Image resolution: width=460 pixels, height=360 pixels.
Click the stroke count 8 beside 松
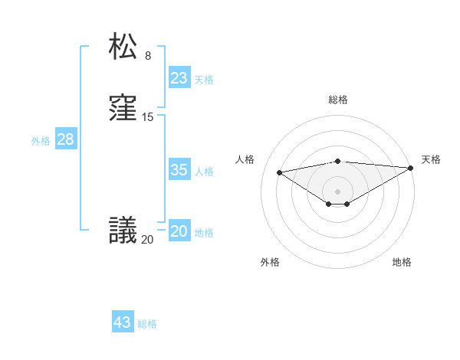[148, 55]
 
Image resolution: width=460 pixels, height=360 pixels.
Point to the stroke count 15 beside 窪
[148, 117]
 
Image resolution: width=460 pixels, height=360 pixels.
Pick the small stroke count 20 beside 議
[147, 240]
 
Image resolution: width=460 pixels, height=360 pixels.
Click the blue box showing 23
[179, 78]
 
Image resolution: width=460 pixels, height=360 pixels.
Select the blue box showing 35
[179, 170]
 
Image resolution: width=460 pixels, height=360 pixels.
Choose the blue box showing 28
[65, 139]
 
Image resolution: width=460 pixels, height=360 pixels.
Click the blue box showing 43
[123, 322]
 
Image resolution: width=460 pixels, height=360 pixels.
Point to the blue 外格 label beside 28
[41, 141]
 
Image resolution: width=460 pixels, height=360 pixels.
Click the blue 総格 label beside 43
[147, 324]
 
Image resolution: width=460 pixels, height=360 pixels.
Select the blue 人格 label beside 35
[204, 172]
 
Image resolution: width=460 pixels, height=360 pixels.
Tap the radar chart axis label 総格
[338, 100]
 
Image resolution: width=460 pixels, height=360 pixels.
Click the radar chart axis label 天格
[431, 159]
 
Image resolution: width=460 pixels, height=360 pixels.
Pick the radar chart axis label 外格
[270, 262]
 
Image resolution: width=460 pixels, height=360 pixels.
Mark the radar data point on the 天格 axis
[412, 169]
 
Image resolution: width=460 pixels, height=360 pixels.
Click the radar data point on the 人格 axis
[279, 172]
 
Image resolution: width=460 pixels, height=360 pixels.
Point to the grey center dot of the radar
[338, 191]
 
